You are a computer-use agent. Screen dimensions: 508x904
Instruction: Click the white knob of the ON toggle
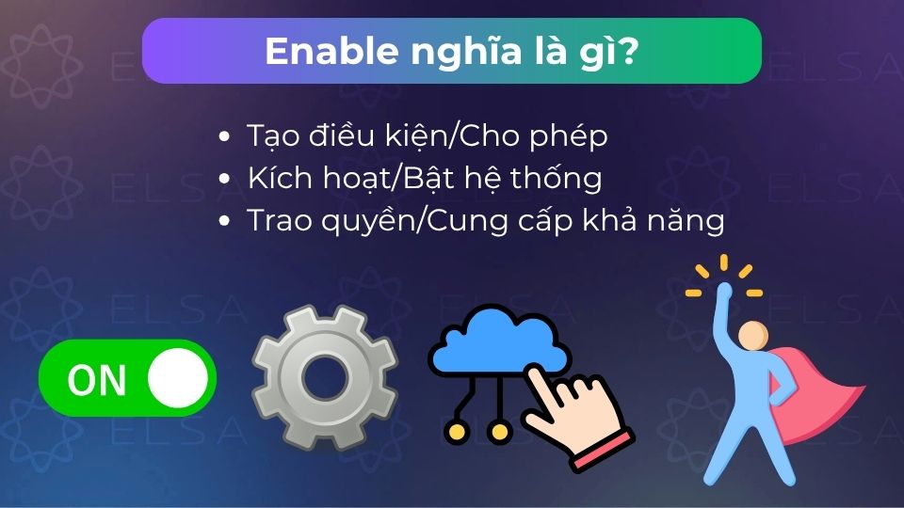[x=177, y=378]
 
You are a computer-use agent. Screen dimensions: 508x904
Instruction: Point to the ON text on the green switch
[x=97, y=380]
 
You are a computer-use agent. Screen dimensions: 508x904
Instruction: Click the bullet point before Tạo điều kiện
[x=223, y=137]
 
